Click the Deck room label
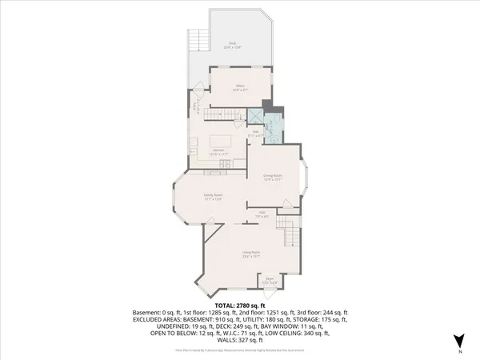click(x=234, y=46)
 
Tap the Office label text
click(x=239, y=87)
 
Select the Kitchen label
click(x=217, y=150)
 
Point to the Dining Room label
click(x=272, y=177)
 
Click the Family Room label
click(x=212, y=196)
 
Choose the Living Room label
click(x=251, y=255)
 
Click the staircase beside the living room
click(x=292, y=237)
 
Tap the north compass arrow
click(x=460, y=342)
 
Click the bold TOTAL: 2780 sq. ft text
click(x=240, y=306)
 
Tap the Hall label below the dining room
click(x=262, y=214)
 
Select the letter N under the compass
click(x=460, y=352)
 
